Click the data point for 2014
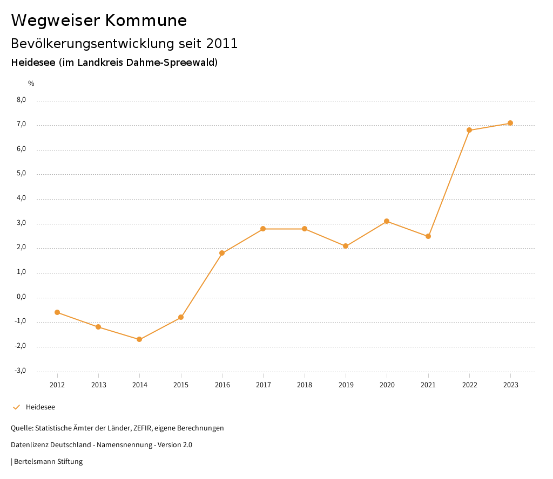[x=139, y=339]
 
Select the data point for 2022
[x=469, y=130]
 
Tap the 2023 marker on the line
[x=510, y=123]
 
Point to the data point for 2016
[x=222, y=253]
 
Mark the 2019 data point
[x=346, y=246]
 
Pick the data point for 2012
[x=57, y=312]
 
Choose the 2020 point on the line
[x=387, y=221]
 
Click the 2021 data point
[x=428, y=236]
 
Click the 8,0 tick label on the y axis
[x=21, y=100]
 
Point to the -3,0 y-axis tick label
[x=21, y=371]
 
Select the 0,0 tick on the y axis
[x=21, y=297]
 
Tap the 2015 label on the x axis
[x=181, y=385]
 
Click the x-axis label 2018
[x=305, y=385]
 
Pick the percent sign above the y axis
[x=31, y=84]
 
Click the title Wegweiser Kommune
[x=99, y=20]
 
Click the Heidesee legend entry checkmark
[x=16, y=407]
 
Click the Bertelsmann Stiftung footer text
[x=48, y=462]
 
